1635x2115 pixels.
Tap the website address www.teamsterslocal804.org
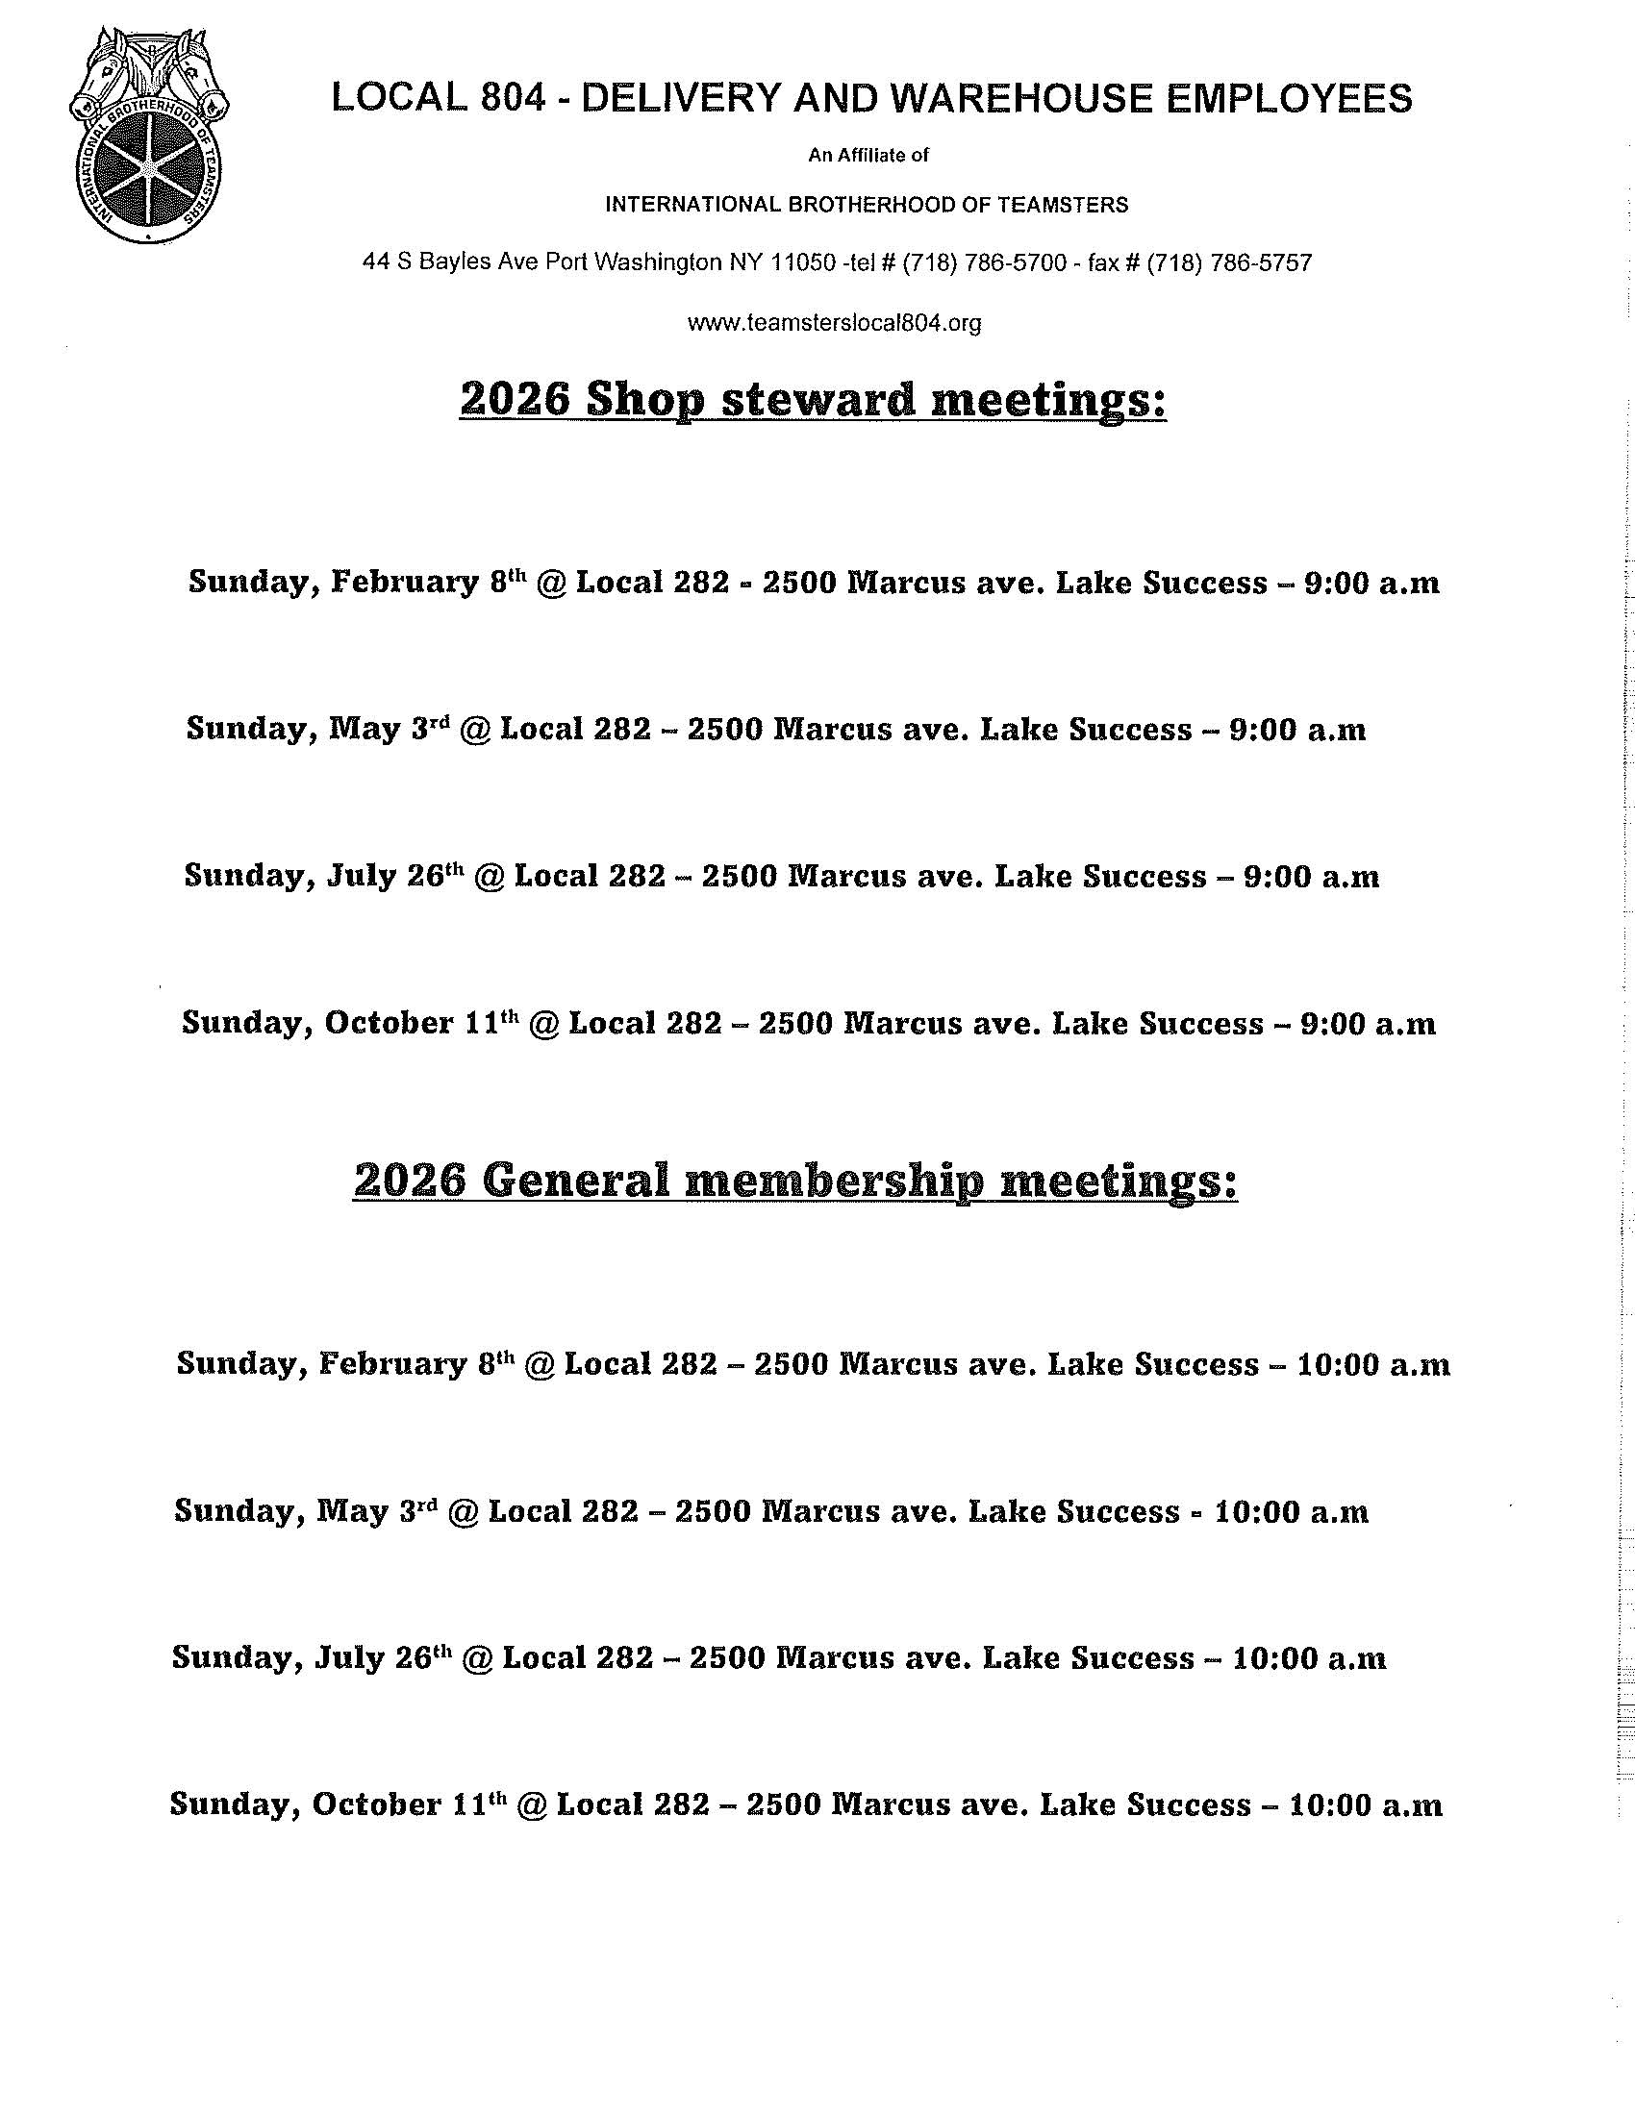[x=834, y=322]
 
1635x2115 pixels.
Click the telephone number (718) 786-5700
[x=984, y=262]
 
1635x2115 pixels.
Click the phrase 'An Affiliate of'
[x=868, y=155]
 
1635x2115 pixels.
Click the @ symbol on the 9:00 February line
[x=550, y=583]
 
